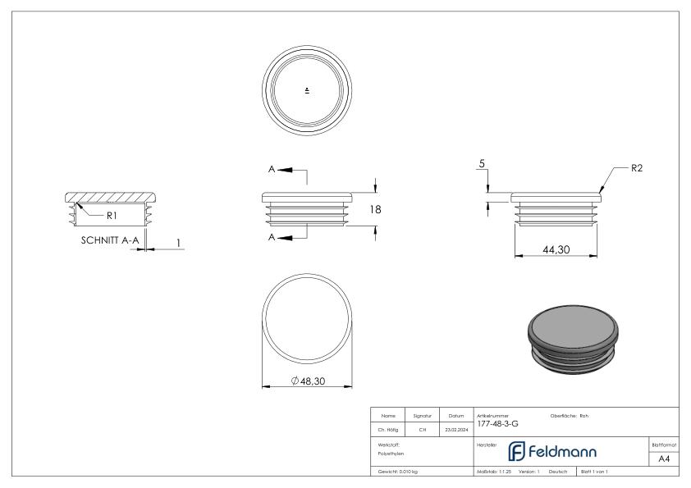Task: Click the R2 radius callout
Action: pyautogui.click(x=636, y=169)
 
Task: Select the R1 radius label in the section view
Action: pyautogui.click(x=112, y=215)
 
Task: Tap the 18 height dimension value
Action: pyautogui.click(x=375, y=210)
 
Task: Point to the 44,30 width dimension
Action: pyautogui.click(x=557, y=250)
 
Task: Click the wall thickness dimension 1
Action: pyautogui.click(x=178, y=243)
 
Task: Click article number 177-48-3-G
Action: pyautogui.click(x=497, y=424)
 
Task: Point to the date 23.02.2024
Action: pyautogui.click(x=455, y=428)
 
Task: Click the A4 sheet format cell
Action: pyautogui.click(x=664, y=460)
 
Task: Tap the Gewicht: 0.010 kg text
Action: pyautogui.click(x=398, y=472)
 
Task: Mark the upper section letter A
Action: pyautogui.click(x=272, y=169)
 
